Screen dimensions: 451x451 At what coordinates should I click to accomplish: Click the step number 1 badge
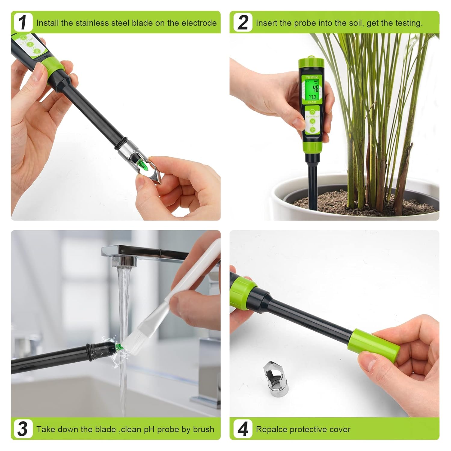23,23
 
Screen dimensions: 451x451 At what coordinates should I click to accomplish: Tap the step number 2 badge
243,23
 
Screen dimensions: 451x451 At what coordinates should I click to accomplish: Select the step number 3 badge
23,429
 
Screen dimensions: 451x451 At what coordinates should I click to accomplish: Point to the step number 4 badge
243,429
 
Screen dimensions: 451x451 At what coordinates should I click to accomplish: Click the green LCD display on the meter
312,89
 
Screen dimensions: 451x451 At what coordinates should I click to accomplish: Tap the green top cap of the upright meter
311,63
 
